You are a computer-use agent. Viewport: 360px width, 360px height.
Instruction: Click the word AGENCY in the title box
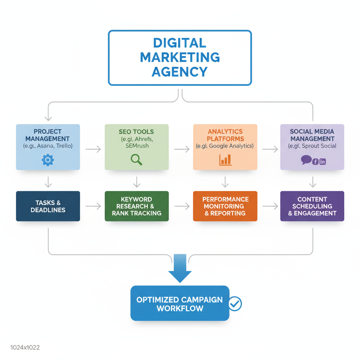[x=180, y=71]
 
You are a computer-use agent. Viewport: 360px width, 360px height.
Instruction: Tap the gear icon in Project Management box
[x=48, y=160]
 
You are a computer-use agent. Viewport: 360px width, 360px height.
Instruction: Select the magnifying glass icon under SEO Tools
[x=136, y=160]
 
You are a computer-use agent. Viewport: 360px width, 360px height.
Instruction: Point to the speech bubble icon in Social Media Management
[x=306, y=160]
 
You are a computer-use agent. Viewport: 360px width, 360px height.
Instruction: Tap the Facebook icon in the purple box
[x=315, y=162]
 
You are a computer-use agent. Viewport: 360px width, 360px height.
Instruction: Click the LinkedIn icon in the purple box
[x=322, y=162]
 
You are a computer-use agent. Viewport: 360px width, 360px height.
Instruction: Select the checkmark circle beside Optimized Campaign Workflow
[x=235, y=303]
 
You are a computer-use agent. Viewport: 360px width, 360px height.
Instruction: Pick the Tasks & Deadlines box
[x=48, y=206]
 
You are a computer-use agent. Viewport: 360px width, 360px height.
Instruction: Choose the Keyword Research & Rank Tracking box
[x=136, y=206]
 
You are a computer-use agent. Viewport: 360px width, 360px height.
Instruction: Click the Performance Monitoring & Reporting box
[x=225, y=206]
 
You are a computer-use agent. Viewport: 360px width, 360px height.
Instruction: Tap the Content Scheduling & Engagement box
[x=312, y=206]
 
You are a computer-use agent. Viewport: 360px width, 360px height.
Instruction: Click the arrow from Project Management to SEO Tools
[x=93, y=149]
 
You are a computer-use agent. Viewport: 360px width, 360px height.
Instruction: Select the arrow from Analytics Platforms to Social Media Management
[x=270, y=149]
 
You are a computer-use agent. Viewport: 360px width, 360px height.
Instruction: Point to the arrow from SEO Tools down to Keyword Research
[x=137, y=181]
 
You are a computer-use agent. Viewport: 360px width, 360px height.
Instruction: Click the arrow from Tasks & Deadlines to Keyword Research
[x=93, y=206]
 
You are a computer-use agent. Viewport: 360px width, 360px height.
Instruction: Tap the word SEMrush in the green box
[x=137, y=146]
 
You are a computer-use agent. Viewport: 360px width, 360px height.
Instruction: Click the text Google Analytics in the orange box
[x=231, y=146]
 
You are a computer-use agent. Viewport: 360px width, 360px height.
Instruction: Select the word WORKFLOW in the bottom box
[x=180, y=308]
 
